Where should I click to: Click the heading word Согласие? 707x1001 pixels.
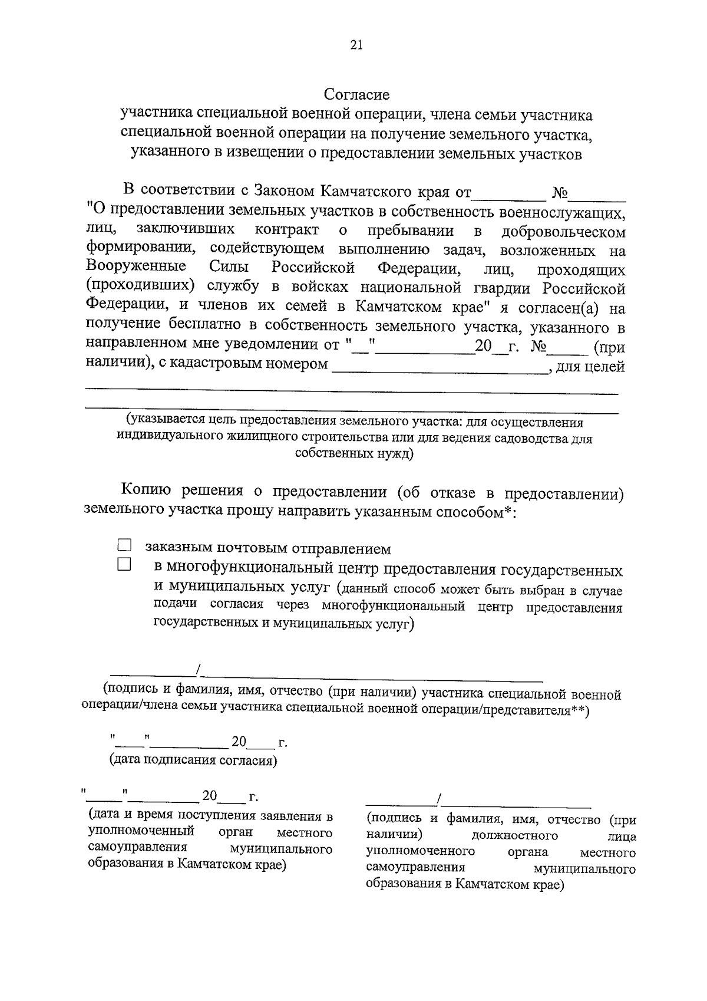[356, 94]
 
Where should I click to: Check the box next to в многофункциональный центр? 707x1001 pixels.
[123, 565]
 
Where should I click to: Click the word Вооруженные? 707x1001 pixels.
[136, 268]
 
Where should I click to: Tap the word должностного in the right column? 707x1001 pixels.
[515, 836]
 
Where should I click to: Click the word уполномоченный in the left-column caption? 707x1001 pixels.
[141, 832]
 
